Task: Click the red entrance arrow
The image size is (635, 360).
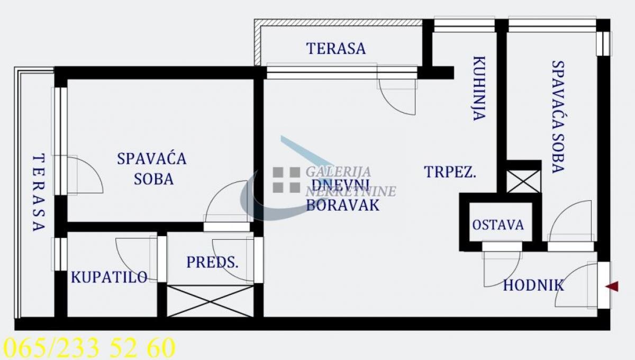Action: coord(612,286)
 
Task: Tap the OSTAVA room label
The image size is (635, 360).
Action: coord(498,225)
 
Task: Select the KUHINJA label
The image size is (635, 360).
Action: coord(479,88)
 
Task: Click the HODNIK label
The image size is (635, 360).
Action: coord(533,285)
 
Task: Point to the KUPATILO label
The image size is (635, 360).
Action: coord(109,277)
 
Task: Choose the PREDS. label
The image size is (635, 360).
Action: coord(212,262)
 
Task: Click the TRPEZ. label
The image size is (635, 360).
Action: coord(450,172)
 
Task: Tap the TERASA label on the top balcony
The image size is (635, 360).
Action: coord(336,49)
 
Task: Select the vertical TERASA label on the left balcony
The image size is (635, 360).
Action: coord(39,192)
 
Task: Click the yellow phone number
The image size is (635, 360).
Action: coord(89,348)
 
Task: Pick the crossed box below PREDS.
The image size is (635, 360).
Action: coord(210,301)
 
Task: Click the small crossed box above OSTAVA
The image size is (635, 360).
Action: coord(523,182)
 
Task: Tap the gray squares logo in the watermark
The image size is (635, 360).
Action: coord(286,180)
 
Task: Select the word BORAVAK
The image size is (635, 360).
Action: coord(343,205)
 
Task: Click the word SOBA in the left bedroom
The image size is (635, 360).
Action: coord(153,179)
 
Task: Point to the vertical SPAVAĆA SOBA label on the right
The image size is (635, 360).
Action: coord(558,117)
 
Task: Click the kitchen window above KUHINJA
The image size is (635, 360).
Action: coord(465,25)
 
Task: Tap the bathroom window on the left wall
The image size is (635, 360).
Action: coord(61,254)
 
